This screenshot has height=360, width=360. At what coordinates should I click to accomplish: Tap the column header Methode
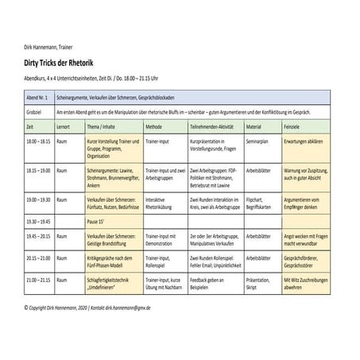[154, 126]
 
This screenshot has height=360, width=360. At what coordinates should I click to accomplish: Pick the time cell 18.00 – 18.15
[37, 140]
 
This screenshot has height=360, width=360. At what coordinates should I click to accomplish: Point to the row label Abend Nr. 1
[37, 96]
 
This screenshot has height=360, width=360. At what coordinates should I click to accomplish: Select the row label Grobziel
[34, 111]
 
